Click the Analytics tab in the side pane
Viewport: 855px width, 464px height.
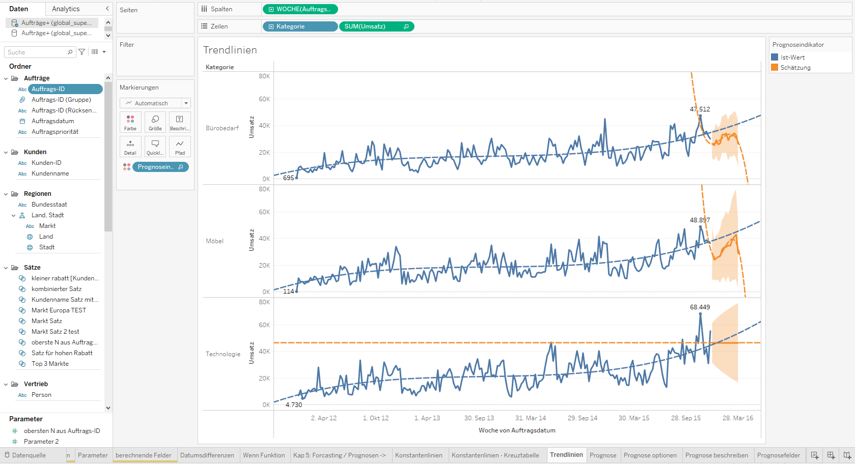pyautogui.click(x=66, y=9)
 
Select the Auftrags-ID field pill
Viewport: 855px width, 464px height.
pyautogui.click(x=65, y=89)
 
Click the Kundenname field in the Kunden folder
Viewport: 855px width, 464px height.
pyautogui.click(x=50, y=173)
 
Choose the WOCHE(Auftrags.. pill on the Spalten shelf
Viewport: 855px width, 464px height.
pyautogui.click(x=300, y=9)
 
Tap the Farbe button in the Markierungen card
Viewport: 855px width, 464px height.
pyautogui.click(x=130, y=122)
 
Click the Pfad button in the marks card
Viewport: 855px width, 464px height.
pyautogui.click(x=180, y=147)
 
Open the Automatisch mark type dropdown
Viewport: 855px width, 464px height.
pyautogui.click(x=155, y=103)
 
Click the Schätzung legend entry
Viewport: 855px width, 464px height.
pyautogui.click(x=795, y=68)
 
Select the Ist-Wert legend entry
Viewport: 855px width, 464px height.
pyautogui.click(x=792, y=57)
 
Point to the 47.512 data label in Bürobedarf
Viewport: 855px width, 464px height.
pyautogui.click(x=700, y=109)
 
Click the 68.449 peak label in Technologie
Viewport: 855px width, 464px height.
pyautogui.click(x=700, y=307)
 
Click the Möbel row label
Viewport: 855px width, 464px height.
pyautogui.click(x=214, y=241)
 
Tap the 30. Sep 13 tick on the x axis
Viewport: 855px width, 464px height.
pyautogui.click(x=479, y=418)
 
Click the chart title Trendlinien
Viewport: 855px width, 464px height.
pyautogui.click(x=230, y=50)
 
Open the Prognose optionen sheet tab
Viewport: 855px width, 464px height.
pyautogui.click(x=650, y=455)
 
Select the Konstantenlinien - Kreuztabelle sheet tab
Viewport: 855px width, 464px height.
pyautogui.click(x=495, y=455)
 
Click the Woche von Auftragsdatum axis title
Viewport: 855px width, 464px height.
pyautogui.click(x=516, y=430)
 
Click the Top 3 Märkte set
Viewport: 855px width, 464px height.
pyautogui.click(x=50, y=364)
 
